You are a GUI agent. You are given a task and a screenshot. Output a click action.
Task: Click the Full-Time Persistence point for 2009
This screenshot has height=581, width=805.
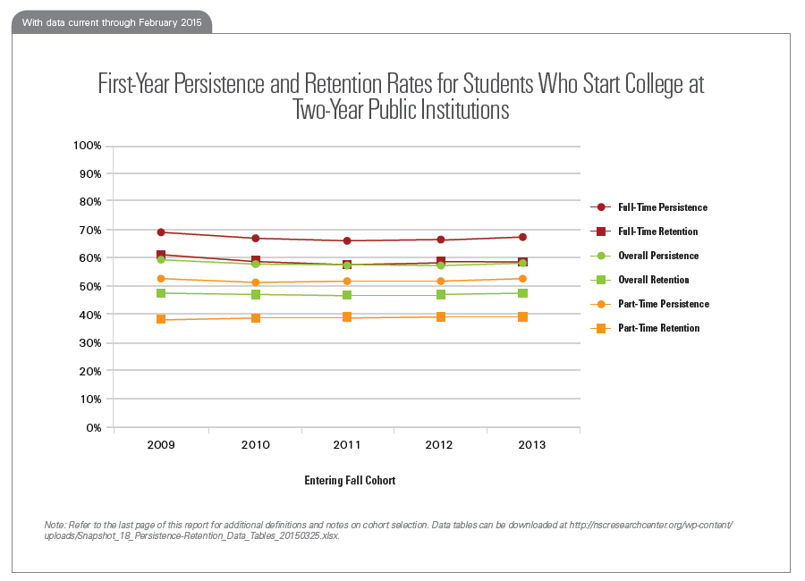click(x=161, y=232)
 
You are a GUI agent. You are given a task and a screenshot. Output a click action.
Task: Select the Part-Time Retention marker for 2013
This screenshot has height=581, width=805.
click(x=522, y=317)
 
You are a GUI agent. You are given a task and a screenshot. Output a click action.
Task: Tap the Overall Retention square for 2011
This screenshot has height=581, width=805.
click(x=346, y=295)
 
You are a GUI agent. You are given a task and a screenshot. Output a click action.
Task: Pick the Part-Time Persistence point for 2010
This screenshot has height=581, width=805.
click(x=256, y=282)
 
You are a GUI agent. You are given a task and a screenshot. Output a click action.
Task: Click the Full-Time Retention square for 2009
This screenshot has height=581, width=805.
click(x=161, y=256)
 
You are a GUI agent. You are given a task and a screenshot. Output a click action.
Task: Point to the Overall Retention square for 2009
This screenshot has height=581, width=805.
click(x=161, y=293)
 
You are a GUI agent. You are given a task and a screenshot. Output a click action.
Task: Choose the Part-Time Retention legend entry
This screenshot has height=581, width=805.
click(x=658, y=328)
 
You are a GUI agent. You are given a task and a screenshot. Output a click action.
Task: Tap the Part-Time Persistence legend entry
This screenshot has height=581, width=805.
click(x=663, y=304)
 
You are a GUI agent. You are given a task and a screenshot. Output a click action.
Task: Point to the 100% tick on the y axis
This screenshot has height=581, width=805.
click(x=88, y=146)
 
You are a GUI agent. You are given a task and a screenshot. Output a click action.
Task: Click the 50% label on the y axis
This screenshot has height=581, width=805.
click(x=90, y=287)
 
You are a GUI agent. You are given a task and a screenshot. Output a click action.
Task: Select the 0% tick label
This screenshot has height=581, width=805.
click(x=93, y=428)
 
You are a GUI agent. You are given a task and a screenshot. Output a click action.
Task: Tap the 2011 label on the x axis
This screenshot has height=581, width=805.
click(x=346, y=444)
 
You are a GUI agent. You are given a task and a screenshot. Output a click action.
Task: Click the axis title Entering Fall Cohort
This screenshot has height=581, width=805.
click(x=350, y=480)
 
